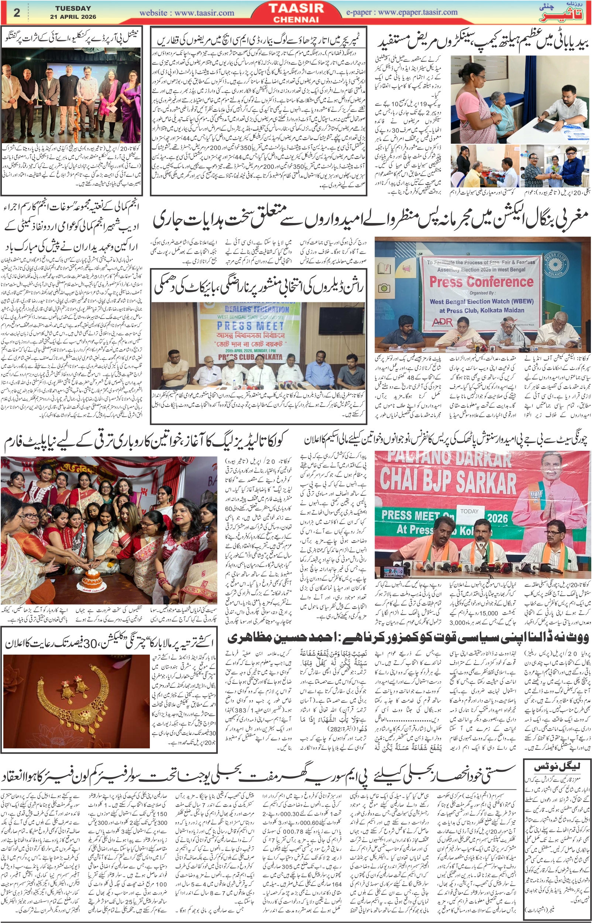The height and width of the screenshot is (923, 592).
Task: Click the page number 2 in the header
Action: [17, 12]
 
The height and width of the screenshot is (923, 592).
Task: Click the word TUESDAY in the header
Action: [73, 8]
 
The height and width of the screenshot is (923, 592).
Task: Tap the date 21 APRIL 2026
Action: [73, 17]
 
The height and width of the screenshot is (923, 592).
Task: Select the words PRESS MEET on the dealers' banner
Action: [250, 326]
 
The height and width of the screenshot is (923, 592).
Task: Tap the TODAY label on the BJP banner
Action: [469, 511]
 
